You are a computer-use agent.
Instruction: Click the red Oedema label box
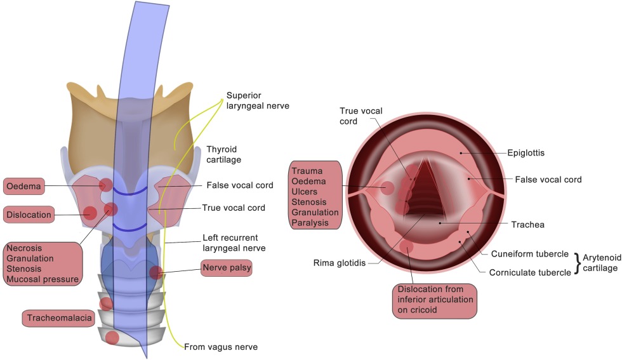pos(24,187)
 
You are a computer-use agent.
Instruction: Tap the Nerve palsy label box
pos(227,269)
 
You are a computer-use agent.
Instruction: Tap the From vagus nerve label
pos(221,347)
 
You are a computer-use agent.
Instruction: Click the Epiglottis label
pos(526,153)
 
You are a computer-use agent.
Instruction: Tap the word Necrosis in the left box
pos(24,248)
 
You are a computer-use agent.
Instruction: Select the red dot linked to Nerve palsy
pos(155,273)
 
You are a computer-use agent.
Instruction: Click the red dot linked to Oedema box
pos(105,185)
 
